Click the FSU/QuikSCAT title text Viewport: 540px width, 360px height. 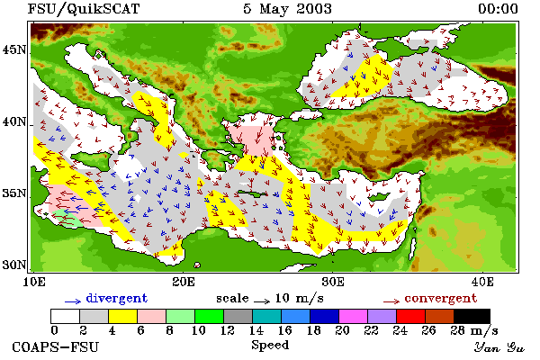click(x=84, y=9)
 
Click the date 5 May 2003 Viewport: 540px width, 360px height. click(x=287, y=9)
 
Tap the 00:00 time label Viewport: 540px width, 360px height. click(x=498, y=9)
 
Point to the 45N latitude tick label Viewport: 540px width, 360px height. click(x=14, y=50)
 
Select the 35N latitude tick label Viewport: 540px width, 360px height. click(x=14, y=193)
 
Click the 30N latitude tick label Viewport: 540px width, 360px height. click(x=14, y=265)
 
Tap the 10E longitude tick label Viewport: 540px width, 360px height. click(x=34, y=282)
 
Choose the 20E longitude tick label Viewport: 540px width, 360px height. click(x=184, y=282)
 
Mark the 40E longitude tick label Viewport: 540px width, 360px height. click(x=482, y=282)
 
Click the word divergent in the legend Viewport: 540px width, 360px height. click(x=117, y=298)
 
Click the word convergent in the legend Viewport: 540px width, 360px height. click(x=441, y=298)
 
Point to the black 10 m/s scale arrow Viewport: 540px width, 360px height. click(x=262, y=301)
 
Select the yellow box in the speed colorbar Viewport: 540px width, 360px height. click(x=122, y=316)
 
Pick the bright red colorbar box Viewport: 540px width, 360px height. click(x=410, y=316)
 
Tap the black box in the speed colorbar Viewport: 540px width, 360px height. click(x=472, y=316)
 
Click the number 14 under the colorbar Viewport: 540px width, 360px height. click(x=256, y=330)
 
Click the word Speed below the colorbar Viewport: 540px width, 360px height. click(x=270, y=345)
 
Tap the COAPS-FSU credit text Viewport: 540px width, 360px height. click(x=56, y=346)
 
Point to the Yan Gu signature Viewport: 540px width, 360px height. click(x=499, y=347)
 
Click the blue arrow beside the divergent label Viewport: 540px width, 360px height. click(x=73, y=301)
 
